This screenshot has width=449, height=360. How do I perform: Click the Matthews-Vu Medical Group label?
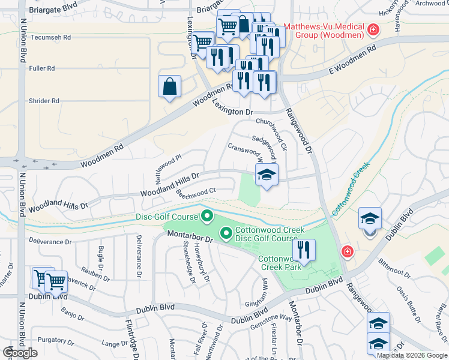click(324, 31)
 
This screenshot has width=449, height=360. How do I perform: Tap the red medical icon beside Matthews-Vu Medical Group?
click(373, 29)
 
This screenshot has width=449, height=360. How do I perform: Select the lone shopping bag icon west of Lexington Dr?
click(170, 86)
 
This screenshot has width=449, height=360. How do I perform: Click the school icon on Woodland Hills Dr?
click(267, 175)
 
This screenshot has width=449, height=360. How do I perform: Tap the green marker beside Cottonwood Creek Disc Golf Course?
click(226, 232)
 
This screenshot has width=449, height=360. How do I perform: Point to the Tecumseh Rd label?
click(50, 37)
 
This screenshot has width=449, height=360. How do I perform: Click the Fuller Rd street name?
click(41, 68)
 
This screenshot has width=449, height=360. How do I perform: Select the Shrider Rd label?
click(44, 101)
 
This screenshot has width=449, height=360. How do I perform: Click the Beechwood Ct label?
click(195, 192)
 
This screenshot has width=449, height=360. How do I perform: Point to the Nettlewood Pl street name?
click(168, 170)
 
